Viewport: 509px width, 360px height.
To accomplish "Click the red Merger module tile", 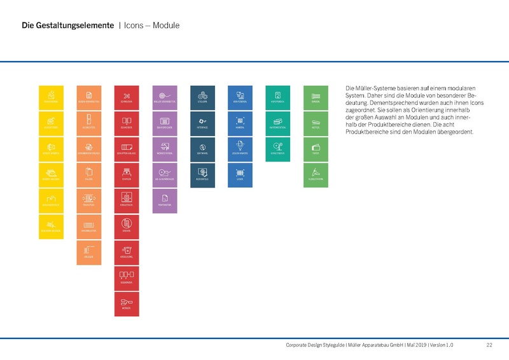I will tap(126, 304).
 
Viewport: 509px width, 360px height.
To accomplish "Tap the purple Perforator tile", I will tap(164, 201).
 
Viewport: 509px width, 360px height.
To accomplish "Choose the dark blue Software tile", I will tap(202, 149).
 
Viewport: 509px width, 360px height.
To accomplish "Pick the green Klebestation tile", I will tap(316, 175).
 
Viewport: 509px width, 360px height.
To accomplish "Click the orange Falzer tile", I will tap(88, 175).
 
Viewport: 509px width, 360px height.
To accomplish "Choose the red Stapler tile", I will tap(126, 175).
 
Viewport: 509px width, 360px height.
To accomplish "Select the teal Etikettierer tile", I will tap(277, 149).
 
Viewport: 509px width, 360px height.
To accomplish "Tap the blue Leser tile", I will tap(240, 175).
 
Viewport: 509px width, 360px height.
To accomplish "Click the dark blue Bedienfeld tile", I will tap(202, 175).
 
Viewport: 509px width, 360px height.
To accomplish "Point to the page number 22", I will tap(489, 345).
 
